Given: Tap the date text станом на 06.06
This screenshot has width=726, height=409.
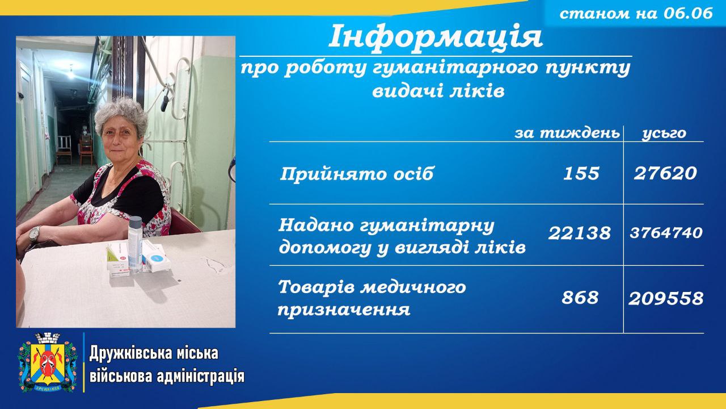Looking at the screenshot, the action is pyautogui.click(x=636, y=13).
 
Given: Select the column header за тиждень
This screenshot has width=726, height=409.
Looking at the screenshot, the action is pyautogui.click(x=567, y=133).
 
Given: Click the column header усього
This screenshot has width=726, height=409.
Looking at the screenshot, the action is pyautogui.click(x=664, y=133).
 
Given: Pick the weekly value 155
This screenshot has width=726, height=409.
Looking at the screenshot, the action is pyautogui.click(x=581, y=173).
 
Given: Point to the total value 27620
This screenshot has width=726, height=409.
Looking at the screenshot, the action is pyautogui.click(x=665, y=173).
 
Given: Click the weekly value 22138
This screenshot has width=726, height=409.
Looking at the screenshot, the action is pyautogui.click(x=580, y=233).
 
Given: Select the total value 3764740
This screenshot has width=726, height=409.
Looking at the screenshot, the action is pyautogui.click(x=666, y=233).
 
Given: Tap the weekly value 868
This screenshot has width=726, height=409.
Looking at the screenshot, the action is pyautogui.click(x=580, y=298).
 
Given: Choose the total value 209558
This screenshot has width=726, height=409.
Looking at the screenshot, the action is pyautogui.click(x=666, y=299).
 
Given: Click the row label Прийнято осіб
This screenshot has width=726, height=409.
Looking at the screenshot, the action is pyautogui.click(x=357, y=174).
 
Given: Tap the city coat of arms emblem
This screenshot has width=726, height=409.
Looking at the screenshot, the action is pyautogui.click(x=48, y=362).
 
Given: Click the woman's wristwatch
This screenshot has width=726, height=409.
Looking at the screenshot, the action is pyautogui.click(x=33, y=234).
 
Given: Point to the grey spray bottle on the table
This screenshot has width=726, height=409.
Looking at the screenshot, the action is pyautogui.click(x=134, y=244).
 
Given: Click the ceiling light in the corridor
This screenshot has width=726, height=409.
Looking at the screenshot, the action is pyautogui.click(x=71, y=73).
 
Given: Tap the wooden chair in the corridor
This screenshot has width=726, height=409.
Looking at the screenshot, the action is pyautogui.click(x=65, y=151).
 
